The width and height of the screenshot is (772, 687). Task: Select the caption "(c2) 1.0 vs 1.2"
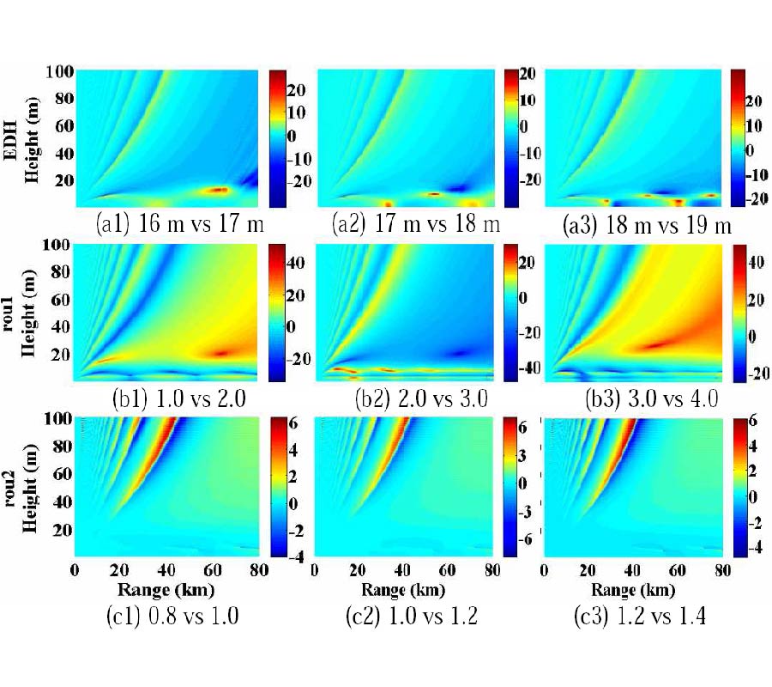(410, 617)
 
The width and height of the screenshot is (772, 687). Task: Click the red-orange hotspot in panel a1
(218, 190)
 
